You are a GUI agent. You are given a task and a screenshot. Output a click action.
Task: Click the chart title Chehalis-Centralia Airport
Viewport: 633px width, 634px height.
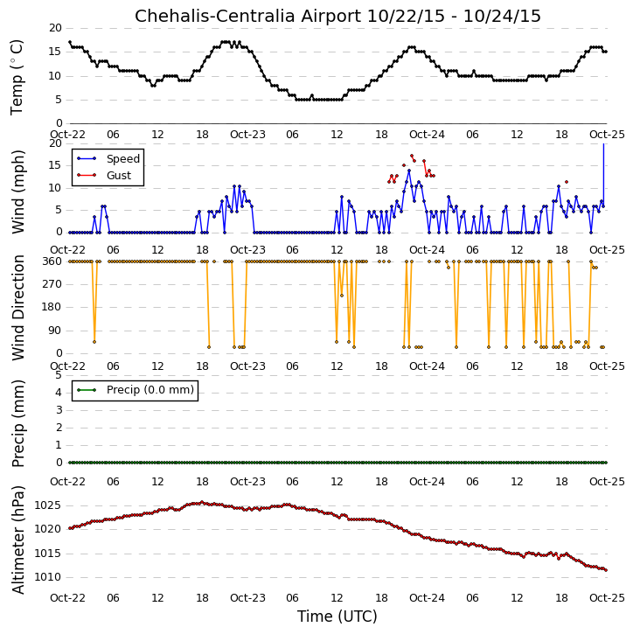(x=247, y=16)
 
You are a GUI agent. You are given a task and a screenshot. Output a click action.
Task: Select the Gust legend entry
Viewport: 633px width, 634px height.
(x=104, y=176)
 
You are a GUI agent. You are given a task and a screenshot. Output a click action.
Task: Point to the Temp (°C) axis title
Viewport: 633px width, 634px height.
(x=17, y=77)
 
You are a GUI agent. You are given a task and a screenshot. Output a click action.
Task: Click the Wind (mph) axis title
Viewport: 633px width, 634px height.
(x=18, y=192)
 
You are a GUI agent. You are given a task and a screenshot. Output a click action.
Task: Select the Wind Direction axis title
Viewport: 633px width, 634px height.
(x=18, y=307)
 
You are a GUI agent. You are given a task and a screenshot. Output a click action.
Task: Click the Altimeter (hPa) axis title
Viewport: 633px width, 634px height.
(x=18, y=540)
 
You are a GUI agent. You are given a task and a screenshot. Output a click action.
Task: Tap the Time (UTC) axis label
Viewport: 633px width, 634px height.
(x=337, y=617)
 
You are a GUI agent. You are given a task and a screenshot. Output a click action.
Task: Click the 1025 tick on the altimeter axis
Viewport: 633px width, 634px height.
(x=47, y=505)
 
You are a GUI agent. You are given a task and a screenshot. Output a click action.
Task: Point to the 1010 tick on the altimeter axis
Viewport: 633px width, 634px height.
(x=47, y=577)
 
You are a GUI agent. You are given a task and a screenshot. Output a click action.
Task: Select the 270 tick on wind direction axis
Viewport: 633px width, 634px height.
(x=52, y=284)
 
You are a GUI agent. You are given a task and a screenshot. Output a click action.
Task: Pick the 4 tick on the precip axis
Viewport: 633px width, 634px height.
(x=59, y=393)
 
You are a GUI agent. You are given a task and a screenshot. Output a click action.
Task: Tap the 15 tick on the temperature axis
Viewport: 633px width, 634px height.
(x=56, y=52)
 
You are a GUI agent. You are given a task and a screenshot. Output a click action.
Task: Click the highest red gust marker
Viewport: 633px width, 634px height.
(x=412, y=156)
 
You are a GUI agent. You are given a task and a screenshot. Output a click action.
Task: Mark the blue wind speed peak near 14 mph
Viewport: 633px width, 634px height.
(x=409, y=171)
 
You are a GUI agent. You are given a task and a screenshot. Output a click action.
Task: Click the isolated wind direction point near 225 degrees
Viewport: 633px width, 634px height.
(x=342, y=296)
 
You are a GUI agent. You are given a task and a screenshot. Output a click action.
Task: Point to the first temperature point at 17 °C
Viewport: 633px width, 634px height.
(x=70, y=42)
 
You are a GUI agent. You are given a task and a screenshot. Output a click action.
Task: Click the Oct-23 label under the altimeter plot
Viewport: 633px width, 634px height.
(x=247, y=597)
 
